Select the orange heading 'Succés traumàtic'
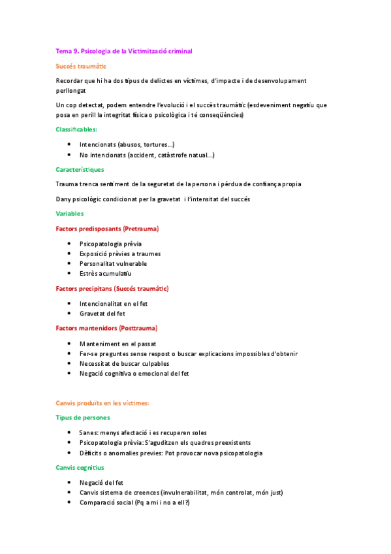coord(82,66)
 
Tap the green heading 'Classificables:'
coord(76,129)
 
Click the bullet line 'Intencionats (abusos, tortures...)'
coord(127,144)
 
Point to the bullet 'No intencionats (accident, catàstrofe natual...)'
coord(147,155)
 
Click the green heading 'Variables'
coord(70,213)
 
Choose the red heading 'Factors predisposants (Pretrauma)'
coord(108,229)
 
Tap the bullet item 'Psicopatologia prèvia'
coord(110,244)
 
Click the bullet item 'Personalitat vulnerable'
coord(114,263)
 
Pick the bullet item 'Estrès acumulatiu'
coord(105,274)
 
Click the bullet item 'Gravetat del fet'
coord(102,314)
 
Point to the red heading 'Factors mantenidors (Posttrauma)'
coord(106,328)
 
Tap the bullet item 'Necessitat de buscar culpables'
coord(124,363)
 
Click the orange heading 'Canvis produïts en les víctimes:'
coord(103,403)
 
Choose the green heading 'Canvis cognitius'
coord(80,468)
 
